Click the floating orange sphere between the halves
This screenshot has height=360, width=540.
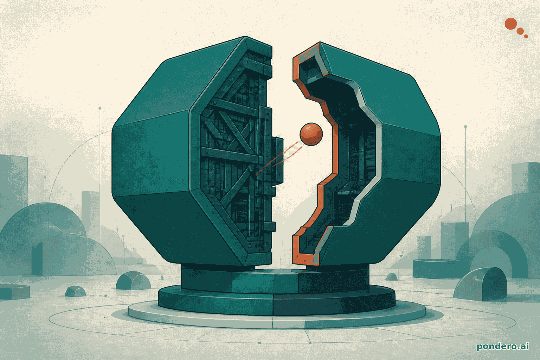[311, 134]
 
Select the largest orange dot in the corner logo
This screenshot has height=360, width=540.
[510, 24]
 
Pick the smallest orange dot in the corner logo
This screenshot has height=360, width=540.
[526, 36]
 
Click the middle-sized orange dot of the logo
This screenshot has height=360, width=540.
[520, 31]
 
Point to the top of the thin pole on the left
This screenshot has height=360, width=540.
[100, 108]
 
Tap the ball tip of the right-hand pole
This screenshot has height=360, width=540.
[465, 127]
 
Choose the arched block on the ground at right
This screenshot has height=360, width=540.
[477, 284]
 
